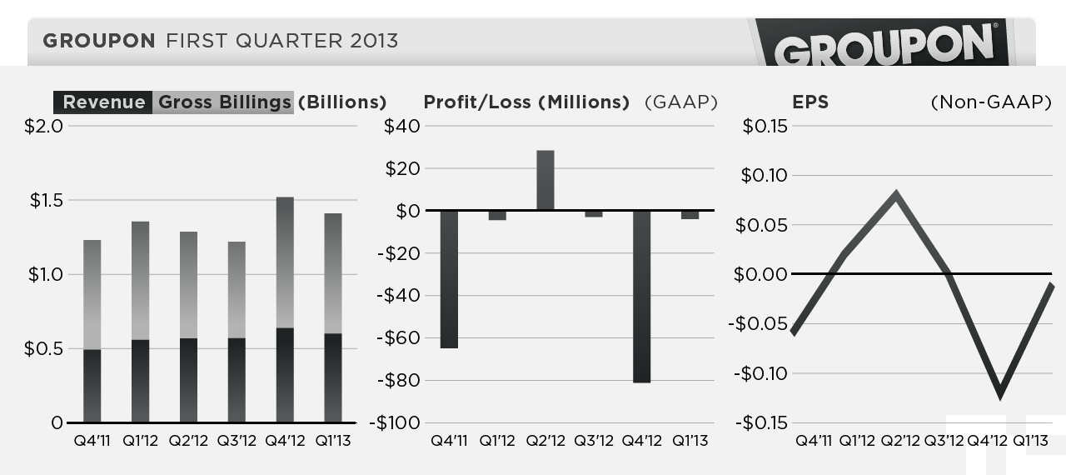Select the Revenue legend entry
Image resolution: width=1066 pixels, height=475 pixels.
click(x=103, y=102)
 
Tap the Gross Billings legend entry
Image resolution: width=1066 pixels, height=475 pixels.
click(x=224, y=102)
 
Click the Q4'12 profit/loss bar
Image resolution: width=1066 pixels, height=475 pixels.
click(x=641, y=296)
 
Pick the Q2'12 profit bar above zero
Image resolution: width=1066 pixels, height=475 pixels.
click(x=545, y=180)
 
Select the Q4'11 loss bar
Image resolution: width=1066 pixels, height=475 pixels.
click(x=450, y=278)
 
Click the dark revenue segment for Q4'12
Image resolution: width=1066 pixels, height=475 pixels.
click(x=285, y=375)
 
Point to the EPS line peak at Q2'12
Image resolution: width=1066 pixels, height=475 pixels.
click(x=895, y=195)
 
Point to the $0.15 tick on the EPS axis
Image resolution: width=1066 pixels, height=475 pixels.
click(x=765, y=127)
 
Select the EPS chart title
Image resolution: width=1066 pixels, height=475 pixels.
click(x=810, y=102)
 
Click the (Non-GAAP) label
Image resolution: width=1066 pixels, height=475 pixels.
click(x=990, y=102)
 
